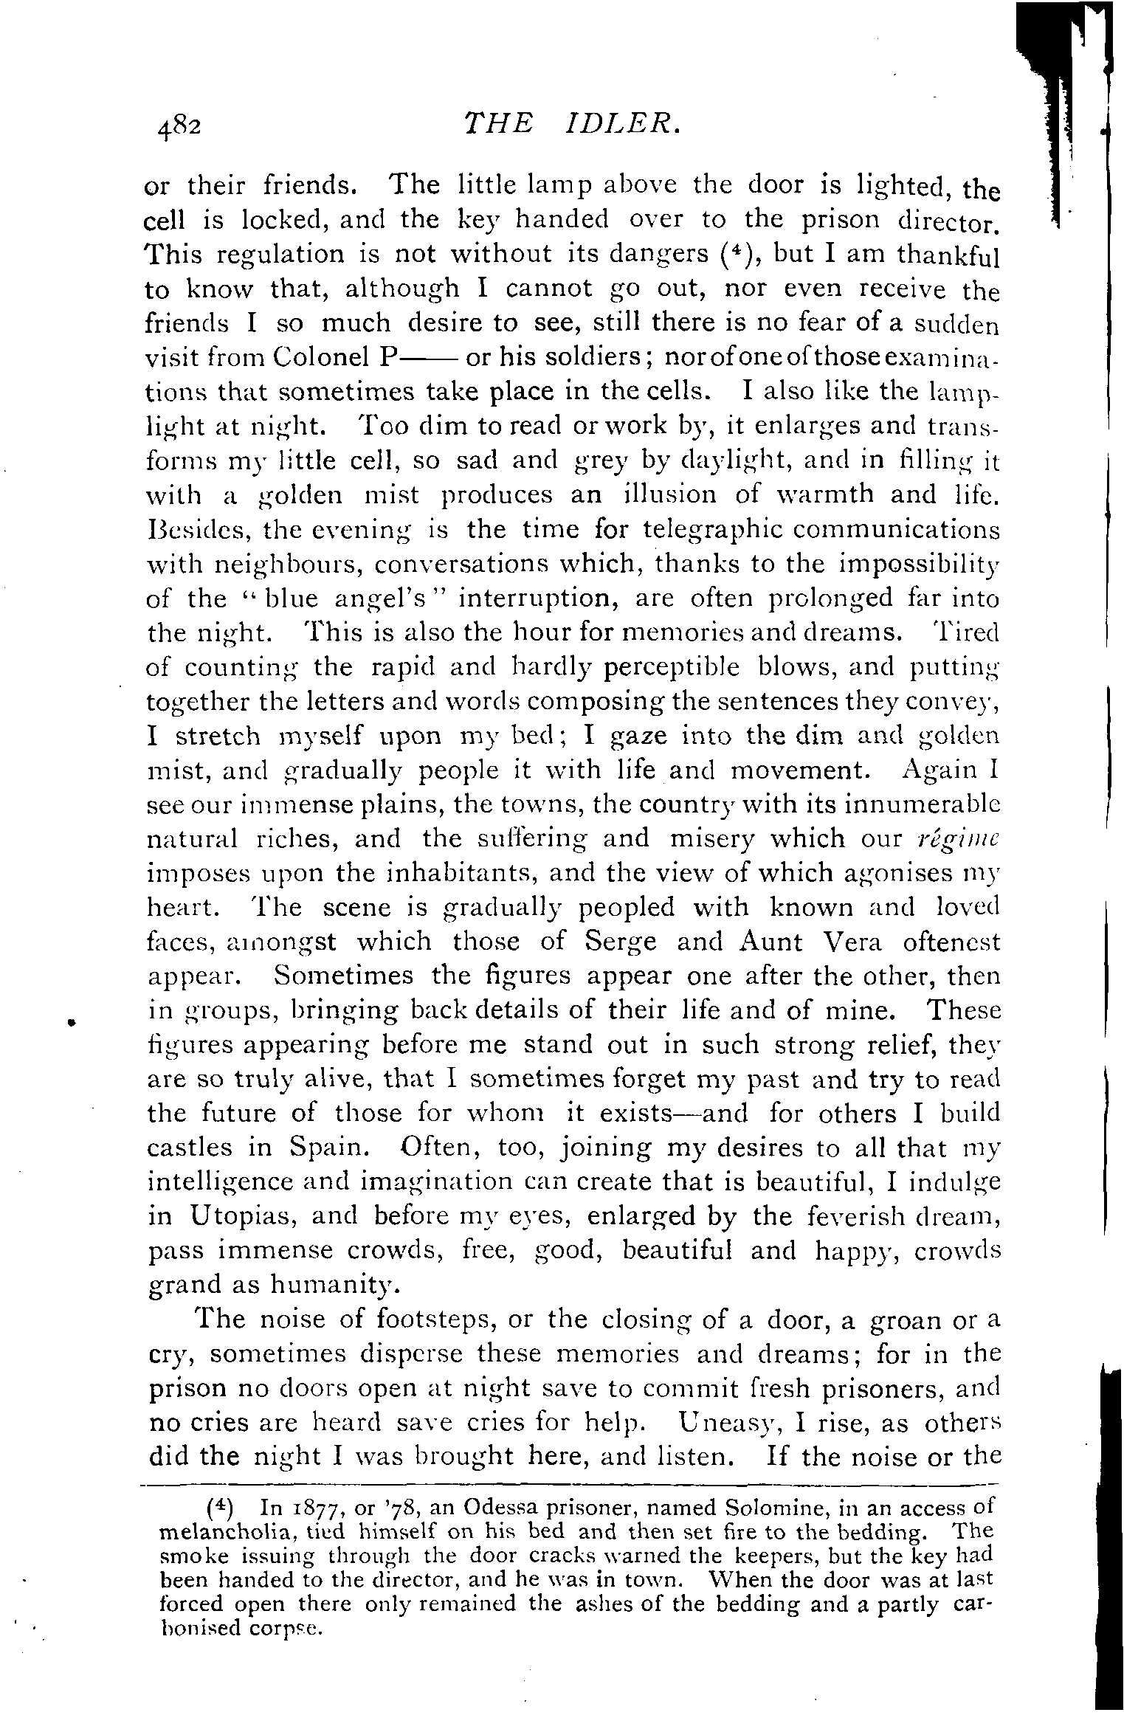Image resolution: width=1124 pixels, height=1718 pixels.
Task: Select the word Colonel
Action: (x=320, y=358)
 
